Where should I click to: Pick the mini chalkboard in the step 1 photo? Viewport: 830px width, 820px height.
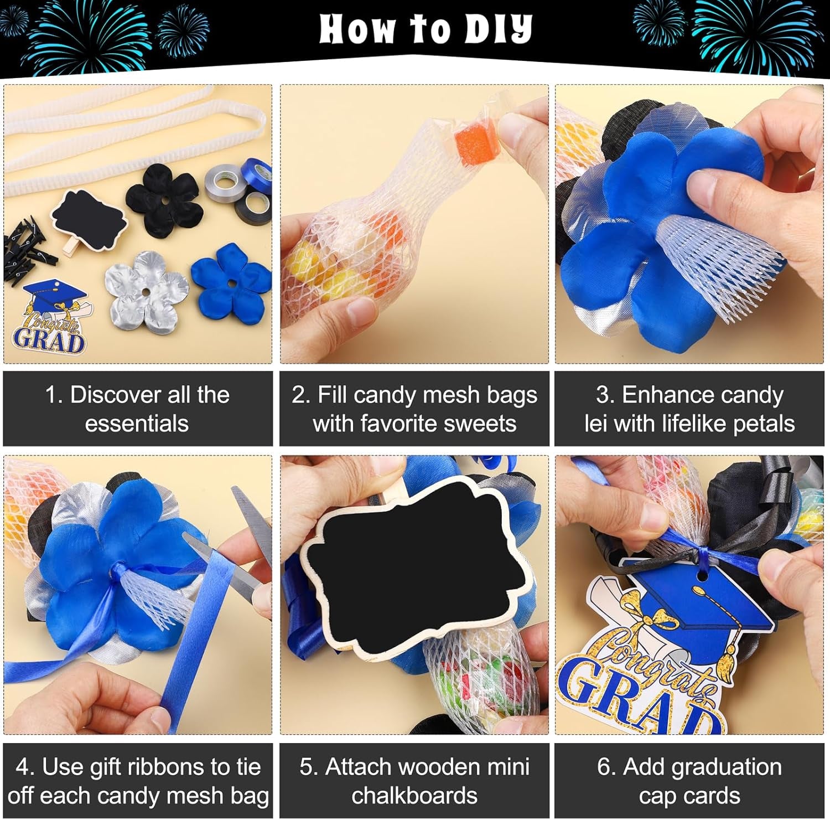click(x=89, y=223)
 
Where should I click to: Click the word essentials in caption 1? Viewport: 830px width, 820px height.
click(x=137, y=424)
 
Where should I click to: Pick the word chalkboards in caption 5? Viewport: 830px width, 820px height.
click(x=414, y=796)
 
